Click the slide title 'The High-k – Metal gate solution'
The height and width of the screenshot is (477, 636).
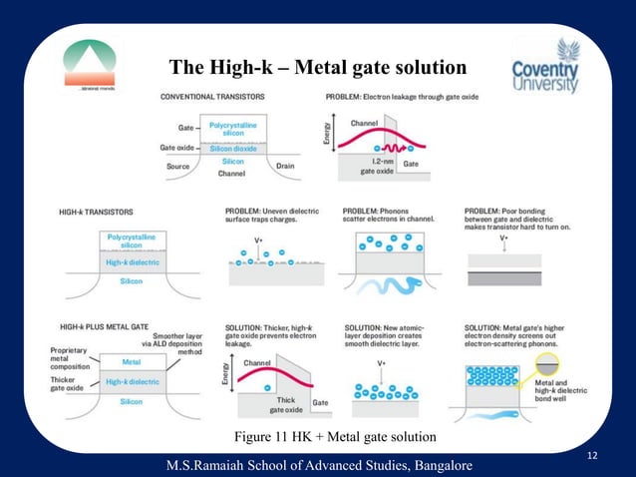pos(317,68)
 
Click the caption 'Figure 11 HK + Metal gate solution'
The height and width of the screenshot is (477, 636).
pos(334,437)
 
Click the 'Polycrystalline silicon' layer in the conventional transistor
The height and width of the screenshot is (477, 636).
pos(233,128)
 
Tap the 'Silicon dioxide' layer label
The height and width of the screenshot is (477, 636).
pos(233,148)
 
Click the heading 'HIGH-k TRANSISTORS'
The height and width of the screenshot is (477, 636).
pos(99,212)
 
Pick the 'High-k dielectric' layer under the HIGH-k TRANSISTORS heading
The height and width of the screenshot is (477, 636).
pos(131,263)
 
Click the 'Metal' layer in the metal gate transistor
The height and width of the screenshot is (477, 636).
pos(131,362)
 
